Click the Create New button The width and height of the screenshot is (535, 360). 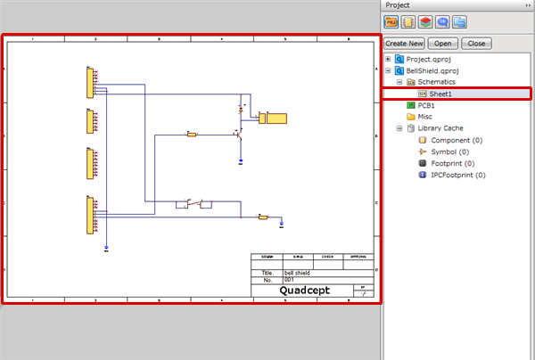tap(403, 43)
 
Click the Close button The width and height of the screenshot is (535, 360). tap(476, 43)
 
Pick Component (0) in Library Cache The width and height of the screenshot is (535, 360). tap(456, 140)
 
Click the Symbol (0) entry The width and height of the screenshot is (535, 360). tap(451, 151)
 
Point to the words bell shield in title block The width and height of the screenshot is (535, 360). tap(298, 272)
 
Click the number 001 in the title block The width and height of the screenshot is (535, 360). tap(289, 279)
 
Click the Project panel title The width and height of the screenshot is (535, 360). tap(398, 5)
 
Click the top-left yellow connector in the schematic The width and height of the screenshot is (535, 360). tap(90, 82)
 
